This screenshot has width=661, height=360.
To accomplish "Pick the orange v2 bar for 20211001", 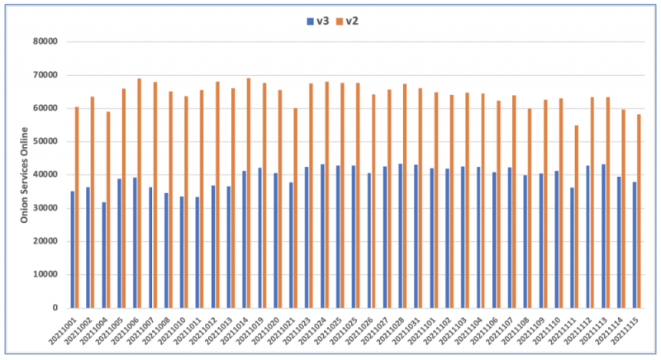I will [77, 207].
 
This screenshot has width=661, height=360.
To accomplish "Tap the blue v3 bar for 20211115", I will [634, 244].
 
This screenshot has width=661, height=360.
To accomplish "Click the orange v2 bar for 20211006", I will [139, 193].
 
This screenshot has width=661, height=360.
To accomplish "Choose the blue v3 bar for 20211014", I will [244, 239].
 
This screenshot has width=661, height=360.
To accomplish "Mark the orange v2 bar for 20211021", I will [295, 208].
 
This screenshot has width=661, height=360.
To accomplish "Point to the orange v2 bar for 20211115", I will [639, 211].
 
